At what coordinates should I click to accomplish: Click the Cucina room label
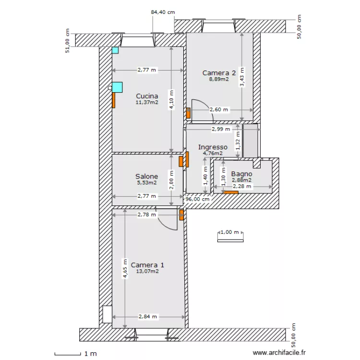[x=147, y=96]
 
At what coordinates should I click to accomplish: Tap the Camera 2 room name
[x=219, y=73]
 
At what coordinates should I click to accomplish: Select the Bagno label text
[x=241, y=174]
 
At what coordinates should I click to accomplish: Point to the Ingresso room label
[x=213, y=147]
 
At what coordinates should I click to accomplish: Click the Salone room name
[x=147, y=176]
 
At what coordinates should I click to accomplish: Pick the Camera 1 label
[x=147, y=265]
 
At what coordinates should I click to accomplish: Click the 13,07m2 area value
[x=147, y=271]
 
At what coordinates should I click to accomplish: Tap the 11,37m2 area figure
[x=147, y=102]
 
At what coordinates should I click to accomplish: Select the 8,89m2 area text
[x=219, y=79]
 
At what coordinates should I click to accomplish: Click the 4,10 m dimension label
[x=171, y=100]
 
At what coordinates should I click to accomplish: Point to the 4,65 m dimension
[x=125, y=268]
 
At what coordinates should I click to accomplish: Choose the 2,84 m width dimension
[x=148, y=317]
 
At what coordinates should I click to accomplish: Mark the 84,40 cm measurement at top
[x=163, y=12]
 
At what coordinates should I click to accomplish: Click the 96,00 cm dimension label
[x=197, y=199]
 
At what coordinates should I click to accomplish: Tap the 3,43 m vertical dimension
[x=242, y=77]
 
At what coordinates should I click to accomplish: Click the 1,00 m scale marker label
[x=229, y=232]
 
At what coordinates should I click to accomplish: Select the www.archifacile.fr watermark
[x=279, y=352]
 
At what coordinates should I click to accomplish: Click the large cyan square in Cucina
[x=117, y=87]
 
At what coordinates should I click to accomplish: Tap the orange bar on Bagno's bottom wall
[x=231, y=192]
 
